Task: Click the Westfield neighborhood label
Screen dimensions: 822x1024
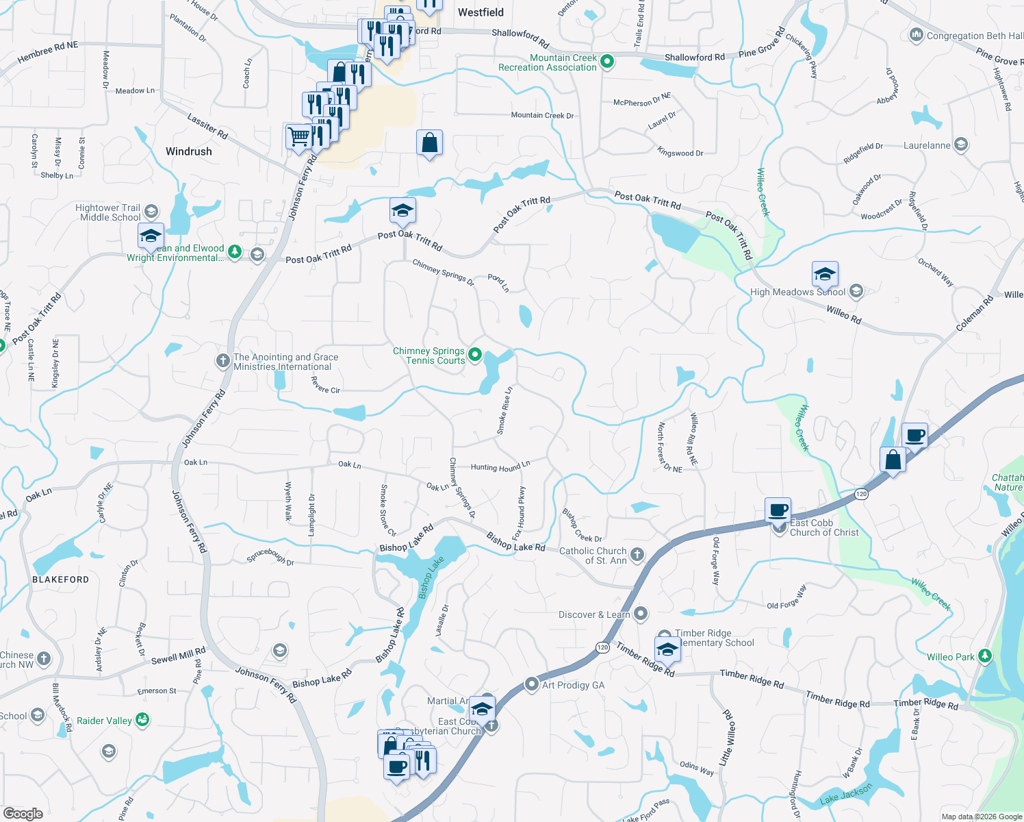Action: pos(481,12)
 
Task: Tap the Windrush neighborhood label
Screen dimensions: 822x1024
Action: pos(188,151)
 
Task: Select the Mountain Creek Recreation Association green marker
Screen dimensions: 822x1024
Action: pos(606,62)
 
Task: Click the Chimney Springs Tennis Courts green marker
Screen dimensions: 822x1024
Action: pos(475,356)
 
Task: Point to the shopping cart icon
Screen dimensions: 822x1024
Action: pos(298,136)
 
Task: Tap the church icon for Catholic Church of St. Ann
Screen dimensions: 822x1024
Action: pos(637,555)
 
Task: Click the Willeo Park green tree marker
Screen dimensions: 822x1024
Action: pos(984,656)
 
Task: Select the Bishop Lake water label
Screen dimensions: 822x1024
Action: pos(431,577)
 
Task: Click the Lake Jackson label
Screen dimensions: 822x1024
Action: pos(846,794)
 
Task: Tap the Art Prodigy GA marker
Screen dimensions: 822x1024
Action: pos(532,684)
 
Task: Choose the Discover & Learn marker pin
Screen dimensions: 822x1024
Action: pos(641,613)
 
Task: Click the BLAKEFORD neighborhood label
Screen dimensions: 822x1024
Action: pos(61,580)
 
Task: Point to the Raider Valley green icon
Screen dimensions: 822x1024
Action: pos(142,720)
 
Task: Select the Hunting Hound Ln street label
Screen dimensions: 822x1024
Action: pos(500,466)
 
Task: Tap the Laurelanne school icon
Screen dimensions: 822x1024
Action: pos(961,145)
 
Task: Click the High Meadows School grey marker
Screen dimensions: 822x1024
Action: pos(856,292)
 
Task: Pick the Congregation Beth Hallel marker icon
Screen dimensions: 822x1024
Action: pos(916,35)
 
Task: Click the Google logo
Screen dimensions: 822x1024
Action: pos(23,814)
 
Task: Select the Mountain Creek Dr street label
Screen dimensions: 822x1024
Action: pos(542,115)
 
